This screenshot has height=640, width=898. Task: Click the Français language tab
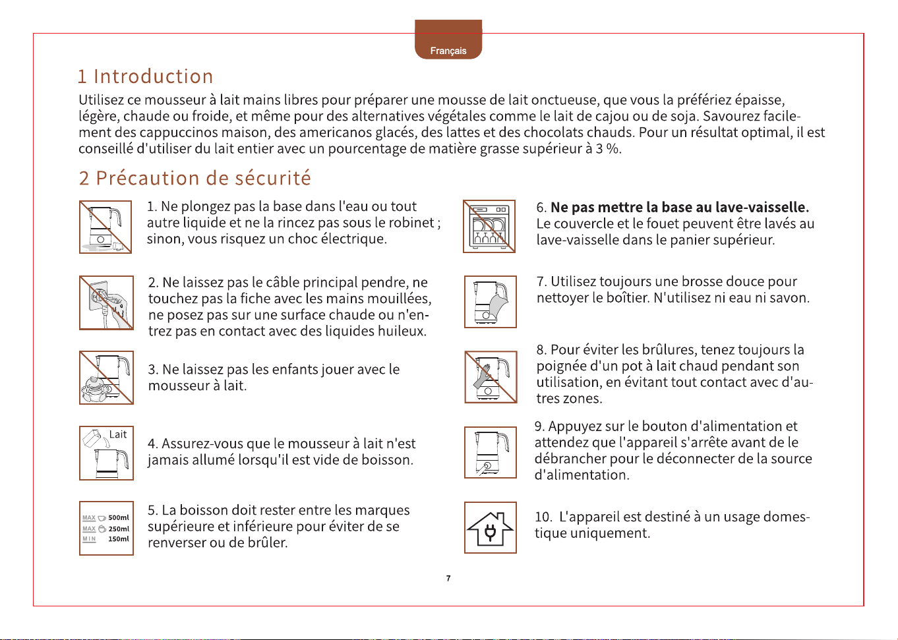448,40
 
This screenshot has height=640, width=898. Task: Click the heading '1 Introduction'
146,76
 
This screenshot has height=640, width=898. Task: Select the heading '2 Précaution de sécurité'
195,178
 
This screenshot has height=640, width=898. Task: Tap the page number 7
448,578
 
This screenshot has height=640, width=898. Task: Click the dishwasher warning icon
489,227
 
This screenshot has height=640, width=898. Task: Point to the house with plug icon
491,527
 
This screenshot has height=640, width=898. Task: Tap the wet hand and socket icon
106,303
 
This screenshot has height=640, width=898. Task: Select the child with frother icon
106,378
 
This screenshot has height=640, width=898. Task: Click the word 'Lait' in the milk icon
118,434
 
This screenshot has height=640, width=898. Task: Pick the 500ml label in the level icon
119,517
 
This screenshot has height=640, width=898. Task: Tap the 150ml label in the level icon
119,539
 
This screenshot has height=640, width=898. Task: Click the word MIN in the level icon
89,539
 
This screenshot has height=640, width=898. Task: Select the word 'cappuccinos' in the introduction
179,132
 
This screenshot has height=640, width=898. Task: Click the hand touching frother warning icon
491,377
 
